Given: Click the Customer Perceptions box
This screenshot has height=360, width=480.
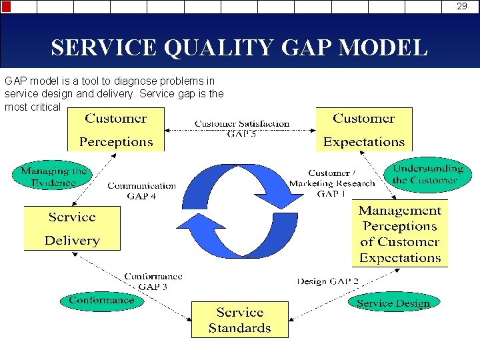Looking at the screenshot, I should click(x=115, y=129).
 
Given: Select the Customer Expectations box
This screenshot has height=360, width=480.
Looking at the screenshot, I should click(x=363, y=129).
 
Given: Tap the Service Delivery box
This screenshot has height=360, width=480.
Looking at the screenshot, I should click(x=72, y=228).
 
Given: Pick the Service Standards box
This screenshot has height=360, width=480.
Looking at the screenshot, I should click(x=240, y=319).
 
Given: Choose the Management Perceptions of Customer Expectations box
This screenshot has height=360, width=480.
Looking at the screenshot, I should click(x=400, y=234).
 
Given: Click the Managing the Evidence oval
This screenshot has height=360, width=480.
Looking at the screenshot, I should click(x=54, y=176).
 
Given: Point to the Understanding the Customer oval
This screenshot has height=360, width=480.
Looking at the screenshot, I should click(x=428, y=174).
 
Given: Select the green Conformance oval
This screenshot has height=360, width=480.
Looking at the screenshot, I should click(x=101, y=300).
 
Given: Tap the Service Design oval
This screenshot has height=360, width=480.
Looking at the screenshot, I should click(x=393, y=303).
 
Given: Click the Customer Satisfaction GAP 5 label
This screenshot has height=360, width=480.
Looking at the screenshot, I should click(x=241, y=128).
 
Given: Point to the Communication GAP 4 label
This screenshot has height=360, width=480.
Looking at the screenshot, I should click(x=141, y=191).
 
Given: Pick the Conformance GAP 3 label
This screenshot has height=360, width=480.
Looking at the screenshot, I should click(x=153, y=281).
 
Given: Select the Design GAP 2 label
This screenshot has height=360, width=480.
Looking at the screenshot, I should click(x=327, y=281).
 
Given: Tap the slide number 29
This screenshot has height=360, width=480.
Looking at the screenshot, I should click(x=462, y=7).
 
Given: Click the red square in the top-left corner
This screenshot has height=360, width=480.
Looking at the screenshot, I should click(x=6, y=7).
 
